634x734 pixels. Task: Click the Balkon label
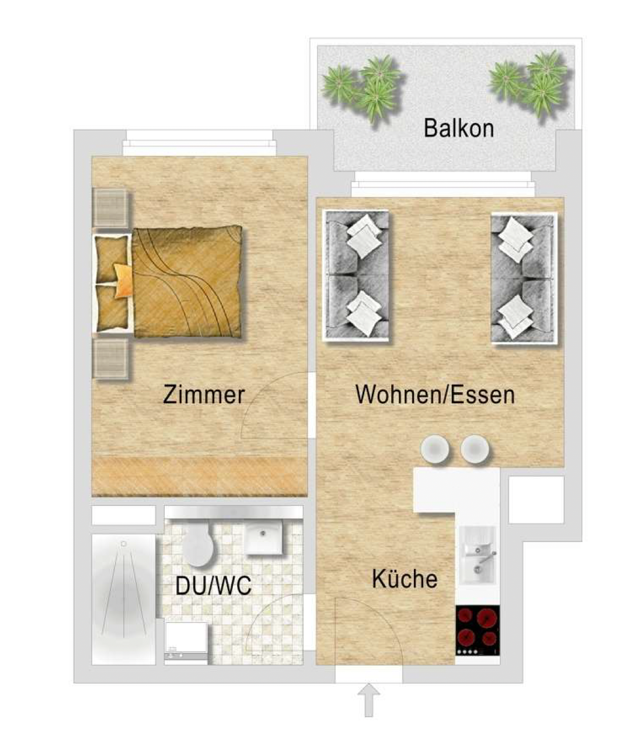point(458,128)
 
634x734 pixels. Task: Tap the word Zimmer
point(204,394)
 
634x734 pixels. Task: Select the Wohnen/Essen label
point(435,394)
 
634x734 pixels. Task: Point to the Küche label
point(405,579)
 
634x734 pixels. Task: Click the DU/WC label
point(213,586)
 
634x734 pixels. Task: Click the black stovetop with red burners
point(478,630)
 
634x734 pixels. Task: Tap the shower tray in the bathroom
point(124,599)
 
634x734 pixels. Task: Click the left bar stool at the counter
point(434,449)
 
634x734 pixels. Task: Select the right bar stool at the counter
point(475,449)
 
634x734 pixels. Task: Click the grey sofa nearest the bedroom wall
point(356,276)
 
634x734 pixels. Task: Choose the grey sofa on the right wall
point(524,278)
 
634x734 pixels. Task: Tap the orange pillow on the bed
point(123,280)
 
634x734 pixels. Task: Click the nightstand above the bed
point(110,208)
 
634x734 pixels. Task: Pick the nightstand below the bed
point(110,359)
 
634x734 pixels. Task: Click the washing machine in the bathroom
point(186,643)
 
